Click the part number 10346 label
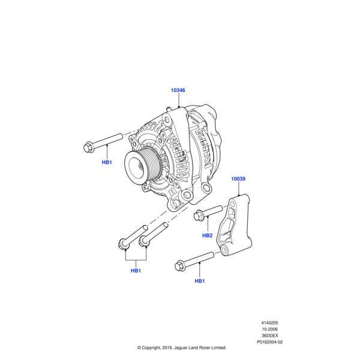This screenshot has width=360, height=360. (x=178, y=91)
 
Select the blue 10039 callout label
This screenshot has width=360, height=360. (x=238, y=179)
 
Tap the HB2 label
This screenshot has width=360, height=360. (x=207, y=235)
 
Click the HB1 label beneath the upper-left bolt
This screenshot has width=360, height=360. (x=107, y=162)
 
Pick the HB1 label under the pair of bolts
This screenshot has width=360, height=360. (x=136, y=271)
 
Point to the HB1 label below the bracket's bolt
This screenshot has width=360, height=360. (x=200, y=281)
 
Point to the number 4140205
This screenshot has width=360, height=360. (x=269, y=323)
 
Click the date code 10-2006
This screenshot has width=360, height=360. (x=269, y=329)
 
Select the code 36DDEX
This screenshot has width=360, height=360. (x=269, y=335)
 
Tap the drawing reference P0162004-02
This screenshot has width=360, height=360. (x=269, y=342)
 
